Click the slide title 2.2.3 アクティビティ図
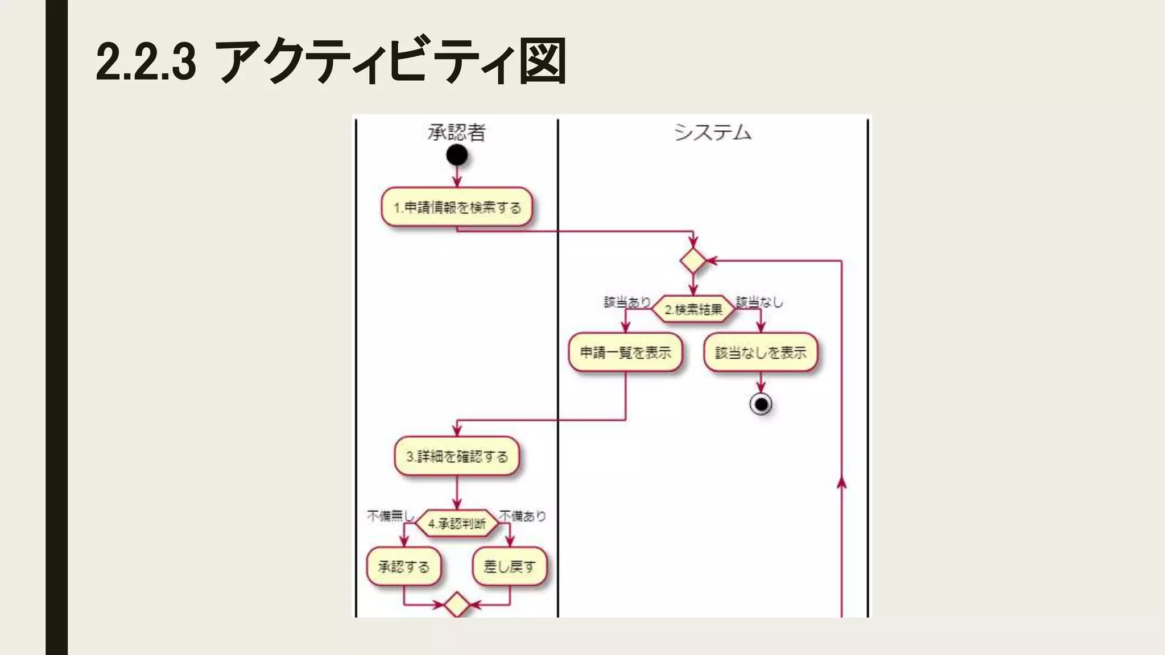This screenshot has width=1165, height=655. click(331, 61)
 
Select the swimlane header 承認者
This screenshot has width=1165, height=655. click(457, 132)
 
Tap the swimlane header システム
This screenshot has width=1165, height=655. click(713, 132)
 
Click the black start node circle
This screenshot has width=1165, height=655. click(457, 155)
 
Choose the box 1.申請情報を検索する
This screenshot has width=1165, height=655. click(457, 208)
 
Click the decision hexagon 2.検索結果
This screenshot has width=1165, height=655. click(693, 309)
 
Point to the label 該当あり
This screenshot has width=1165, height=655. click(627, 302)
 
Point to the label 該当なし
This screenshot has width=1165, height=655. click(759, 302)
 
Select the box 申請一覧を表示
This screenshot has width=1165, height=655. click(625, 353)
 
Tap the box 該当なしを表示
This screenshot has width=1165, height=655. click(761, 353)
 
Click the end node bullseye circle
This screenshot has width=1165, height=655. click(761, 404)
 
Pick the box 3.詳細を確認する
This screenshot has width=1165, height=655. click(457, 456)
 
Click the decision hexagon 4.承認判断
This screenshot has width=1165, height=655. click(457, 523)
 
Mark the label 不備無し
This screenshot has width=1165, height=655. click(390, 516)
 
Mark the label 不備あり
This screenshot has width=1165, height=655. click(522, 516)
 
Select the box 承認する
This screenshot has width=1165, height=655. click(404, 566)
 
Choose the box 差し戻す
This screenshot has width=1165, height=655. click(509, 566)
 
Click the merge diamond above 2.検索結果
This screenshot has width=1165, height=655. click(693, 261)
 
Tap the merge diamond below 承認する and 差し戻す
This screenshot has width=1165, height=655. click(457, 605)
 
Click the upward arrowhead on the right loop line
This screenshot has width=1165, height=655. click(841, 483)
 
